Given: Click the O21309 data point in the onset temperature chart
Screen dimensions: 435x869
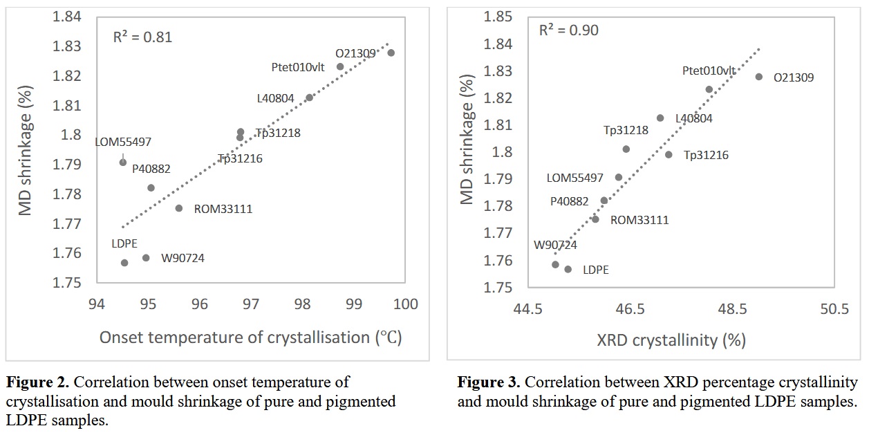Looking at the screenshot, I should [x=391, y=53].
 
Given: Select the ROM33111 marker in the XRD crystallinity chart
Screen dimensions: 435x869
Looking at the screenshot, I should [x=595, y=219].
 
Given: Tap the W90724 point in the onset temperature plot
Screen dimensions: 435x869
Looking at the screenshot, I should [x=146, y=258].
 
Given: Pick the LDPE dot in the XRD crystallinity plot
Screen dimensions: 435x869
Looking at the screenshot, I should [x=568, y=269].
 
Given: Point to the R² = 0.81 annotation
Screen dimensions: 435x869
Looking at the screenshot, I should [x=142, y=37].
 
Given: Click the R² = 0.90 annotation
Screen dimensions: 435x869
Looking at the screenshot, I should [x=569, y=30].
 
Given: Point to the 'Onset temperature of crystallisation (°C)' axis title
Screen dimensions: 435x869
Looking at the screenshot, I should [x=250, y=337].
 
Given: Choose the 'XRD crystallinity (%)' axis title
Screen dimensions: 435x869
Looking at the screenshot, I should [x=671, y=340].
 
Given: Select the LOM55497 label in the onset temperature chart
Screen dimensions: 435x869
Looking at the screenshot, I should [x=123, y=142].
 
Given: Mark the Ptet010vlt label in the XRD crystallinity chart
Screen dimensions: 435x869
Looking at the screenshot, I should [x=709, y=71].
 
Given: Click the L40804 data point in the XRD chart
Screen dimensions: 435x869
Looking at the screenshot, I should [x=660, y=118].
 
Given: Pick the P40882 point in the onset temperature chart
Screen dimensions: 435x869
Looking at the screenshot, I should [x=151, y=187].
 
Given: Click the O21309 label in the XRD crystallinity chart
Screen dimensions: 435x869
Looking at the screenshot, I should [x=794, y=77].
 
